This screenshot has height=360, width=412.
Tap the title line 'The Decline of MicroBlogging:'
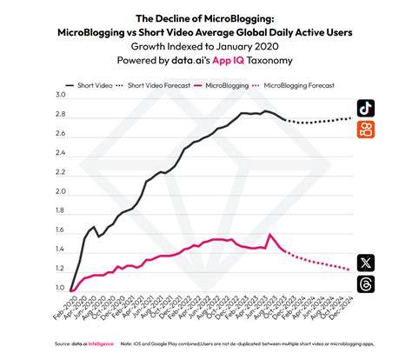pos(205,17)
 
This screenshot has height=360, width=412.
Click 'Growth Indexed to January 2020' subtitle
pos(205,45)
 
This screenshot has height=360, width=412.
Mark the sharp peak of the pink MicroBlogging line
pos(271,234)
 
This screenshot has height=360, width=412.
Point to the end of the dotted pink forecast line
pos(352,268)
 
